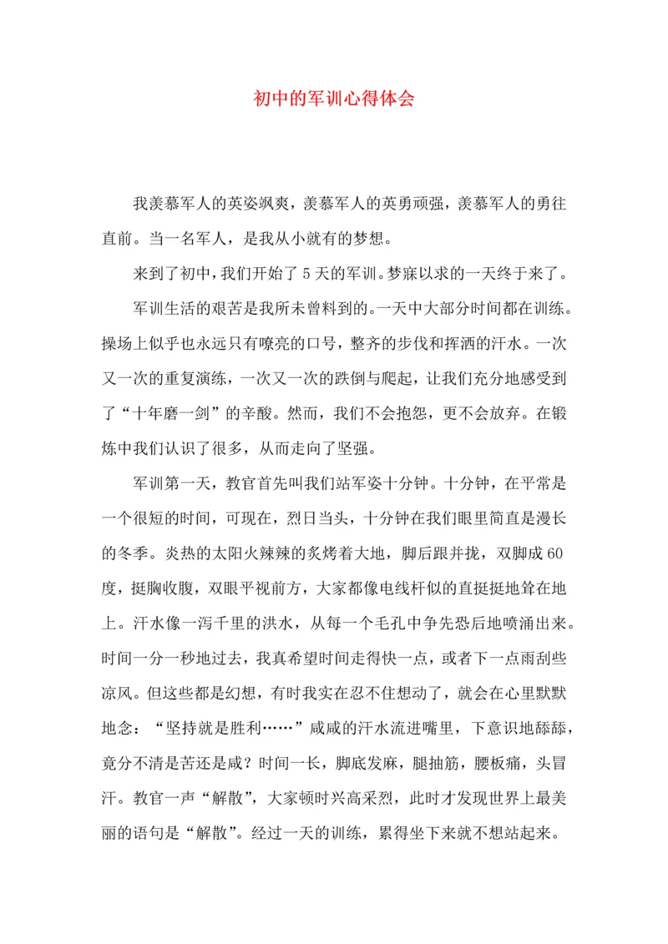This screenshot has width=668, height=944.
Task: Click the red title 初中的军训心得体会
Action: click(334, 98)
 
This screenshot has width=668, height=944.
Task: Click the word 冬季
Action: click(118, 553)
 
